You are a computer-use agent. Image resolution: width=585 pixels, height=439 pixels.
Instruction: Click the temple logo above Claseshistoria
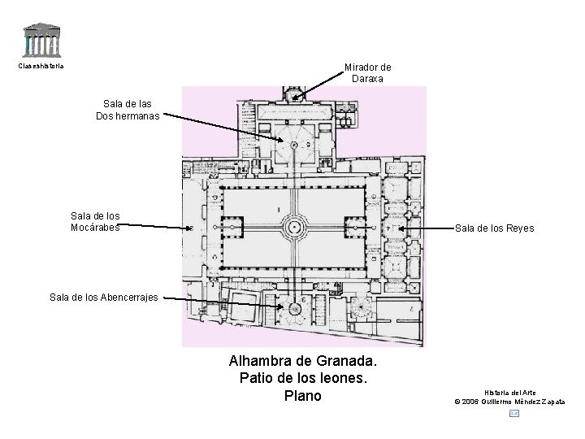coord(42,41)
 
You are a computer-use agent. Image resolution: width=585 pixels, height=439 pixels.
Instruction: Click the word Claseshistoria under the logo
coord(41,66)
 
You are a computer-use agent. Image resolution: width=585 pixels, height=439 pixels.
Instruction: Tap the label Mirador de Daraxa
coord(367,73)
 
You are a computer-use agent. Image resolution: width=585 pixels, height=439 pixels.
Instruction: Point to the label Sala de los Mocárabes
coord(95,221)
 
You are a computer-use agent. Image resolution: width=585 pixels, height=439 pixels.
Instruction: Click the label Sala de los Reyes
coord(494,228)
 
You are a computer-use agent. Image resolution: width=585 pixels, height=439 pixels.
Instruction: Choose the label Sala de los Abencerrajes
coord(103,298)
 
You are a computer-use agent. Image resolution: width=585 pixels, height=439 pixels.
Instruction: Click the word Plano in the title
coord(303,396)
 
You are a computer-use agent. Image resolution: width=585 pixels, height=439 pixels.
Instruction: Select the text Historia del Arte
coord(510,393)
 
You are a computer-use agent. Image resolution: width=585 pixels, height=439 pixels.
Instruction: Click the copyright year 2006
coord(474,402)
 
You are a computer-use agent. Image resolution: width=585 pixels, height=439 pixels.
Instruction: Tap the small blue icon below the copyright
coord(513,413)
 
